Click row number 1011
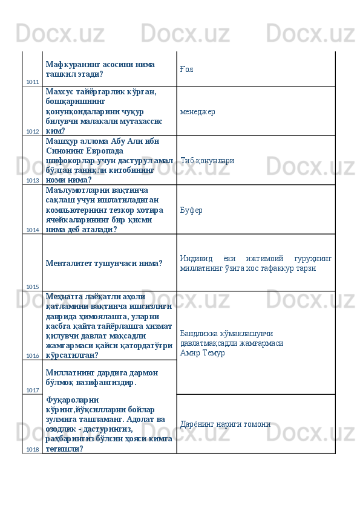point(33,82)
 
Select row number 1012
point(33,131)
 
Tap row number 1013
point(33,180)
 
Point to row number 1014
point(33,230)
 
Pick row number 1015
point(33,287)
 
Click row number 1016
point(33,355)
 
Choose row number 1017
point(33,390)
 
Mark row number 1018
point(33,449)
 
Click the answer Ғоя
point(186,70)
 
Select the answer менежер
point(197,112)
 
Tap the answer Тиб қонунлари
point(208,161)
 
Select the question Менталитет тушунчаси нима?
point(103,263)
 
